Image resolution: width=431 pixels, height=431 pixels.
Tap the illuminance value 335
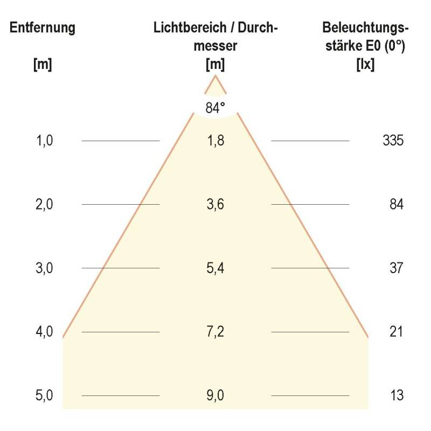click(x=393, y=141)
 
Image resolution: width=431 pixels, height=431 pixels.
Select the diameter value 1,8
click(x=215, y=141)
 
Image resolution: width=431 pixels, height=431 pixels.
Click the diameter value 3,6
click(x=215, y=205)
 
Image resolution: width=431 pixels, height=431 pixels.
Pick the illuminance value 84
click(x=396, y=205)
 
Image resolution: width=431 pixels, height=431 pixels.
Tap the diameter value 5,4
click(x=215, y=268)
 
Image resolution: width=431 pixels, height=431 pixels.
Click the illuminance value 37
click(x=396, y=268)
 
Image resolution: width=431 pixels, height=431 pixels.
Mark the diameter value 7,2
click(x=215, y=332)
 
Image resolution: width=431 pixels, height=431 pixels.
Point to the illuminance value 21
click(x=396, y=332)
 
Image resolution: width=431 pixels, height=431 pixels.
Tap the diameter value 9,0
click(x=215, y=396)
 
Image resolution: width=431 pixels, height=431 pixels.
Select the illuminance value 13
click(x=396, y=396)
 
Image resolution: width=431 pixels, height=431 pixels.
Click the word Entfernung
click(x=43, y=29)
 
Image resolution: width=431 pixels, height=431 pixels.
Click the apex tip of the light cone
click(x=215, y=76)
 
